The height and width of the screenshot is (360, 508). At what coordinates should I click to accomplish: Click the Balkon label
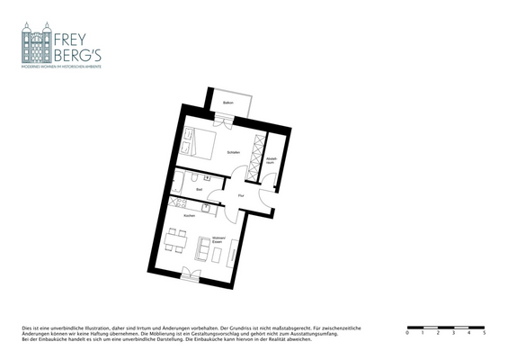228,103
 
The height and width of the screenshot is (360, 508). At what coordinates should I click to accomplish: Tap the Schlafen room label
233,151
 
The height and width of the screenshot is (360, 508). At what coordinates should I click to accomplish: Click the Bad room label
199,189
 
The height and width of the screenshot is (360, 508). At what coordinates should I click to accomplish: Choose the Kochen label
189,216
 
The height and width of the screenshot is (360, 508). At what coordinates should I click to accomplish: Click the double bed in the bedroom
199,144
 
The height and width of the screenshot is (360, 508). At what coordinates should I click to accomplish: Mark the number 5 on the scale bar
485,333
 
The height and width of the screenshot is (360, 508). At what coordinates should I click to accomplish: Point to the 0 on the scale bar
407,333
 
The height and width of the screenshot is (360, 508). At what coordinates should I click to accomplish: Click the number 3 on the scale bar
454,333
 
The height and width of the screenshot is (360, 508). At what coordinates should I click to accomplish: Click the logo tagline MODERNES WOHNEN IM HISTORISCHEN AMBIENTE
61,67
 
